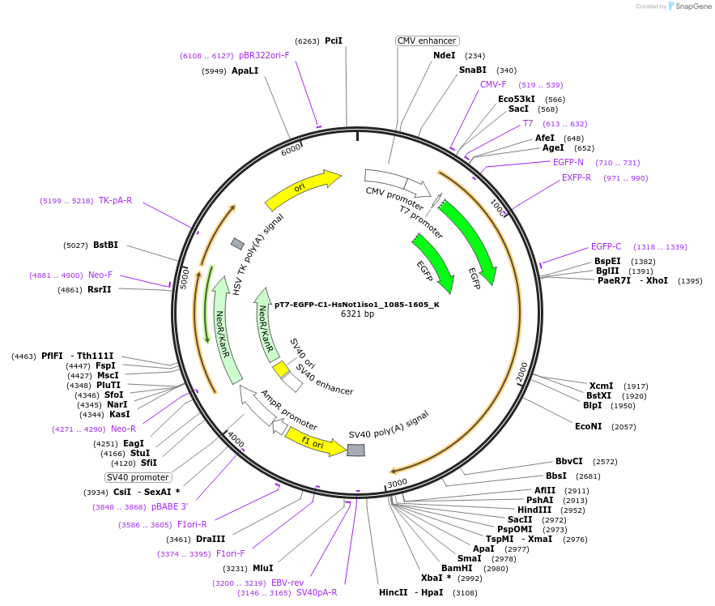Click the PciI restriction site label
pos(334,41)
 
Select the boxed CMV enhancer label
pos(427,41)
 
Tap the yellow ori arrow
pos(302,189)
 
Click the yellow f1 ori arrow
pos(316,442)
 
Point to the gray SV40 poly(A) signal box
pos(355,450)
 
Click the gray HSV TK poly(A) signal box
pos(237,244)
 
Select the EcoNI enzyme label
pos(588,426)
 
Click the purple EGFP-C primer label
pos(606,246)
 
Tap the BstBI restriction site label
pos(105,245)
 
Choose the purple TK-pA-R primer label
pos(115,200)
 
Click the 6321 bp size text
pos(358,314)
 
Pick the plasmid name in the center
pos(356,305)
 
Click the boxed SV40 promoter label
pos(138,477)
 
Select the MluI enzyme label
pos(263,568)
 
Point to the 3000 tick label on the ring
pos(397,483)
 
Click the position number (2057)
pos(623,427)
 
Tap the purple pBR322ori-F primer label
pos(264,55)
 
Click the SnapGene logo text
pos(693,6)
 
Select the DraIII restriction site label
pos(211,539)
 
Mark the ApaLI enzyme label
pos(245,70)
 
